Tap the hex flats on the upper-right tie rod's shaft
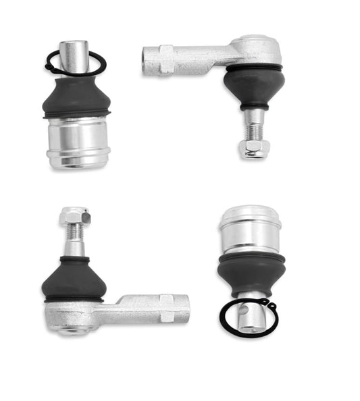[x=166, y=59]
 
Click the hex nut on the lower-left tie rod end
[x=74, y=216]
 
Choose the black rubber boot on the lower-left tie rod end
[x=73, y=278]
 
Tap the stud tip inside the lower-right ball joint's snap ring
[x=249, y=317]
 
